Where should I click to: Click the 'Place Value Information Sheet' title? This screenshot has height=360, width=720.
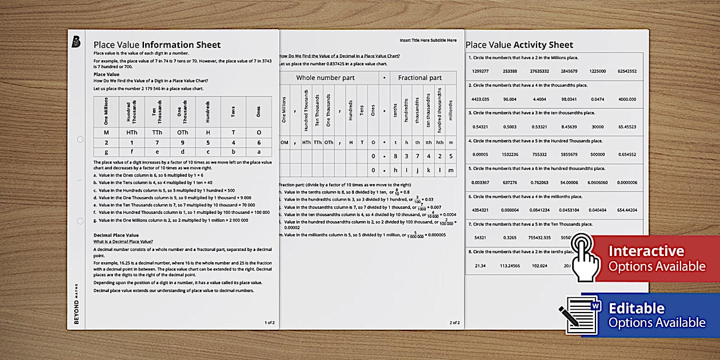157,45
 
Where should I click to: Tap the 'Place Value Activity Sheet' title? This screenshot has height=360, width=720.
519,45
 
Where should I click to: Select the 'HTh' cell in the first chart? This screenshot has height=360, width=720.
131,132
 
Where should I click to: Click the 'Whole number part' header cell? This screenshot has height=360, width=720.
325,78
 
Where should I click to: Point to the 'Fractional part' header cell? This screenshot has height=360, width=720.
419,78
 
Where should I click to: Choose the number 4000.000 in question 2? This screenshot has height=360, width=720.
626,99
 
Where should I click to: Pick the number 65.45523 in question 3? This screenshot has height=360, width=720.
627,127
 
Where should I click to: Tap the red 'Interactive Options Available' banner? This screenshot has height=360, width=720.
657,259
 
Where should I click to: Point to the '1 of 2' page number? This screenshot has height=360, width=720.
270,323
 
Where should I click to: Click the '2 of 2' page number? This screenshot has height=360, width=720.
454,323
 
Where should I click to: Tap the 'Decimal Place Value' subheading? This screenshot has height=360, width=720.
116,235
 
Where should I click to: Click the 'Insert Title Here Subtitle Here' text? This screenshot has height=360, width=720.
428,41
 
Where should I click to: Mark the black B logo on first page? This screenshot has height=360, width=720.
76,42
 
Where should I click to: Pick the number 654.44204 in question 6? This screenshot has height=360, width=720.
627,210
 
